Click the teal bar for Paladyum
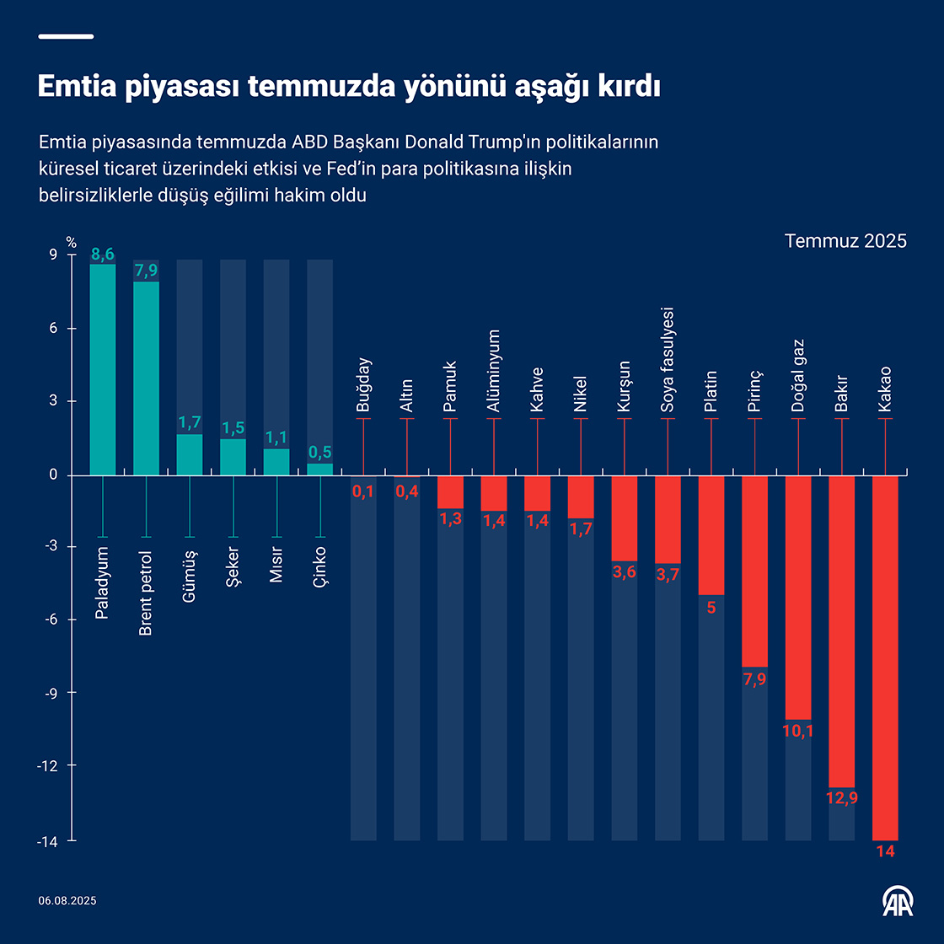(x=103, y=371)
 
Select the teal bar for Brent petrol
(x=147, y=379)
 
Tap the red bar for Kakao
(x=885, y=657)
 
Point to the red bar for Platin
(x=711, y=535)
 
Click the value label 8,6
(x=103, y=254)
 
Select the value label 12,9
(x=841, y=797)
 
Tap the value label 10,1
(x=798, y=731)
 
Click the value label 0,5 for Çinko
(x=319, y=453)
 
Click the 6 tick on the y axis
(x=53, y=328)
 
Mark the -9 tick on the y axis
(x=50, y=693)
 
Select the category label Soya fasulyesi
(x=668, y=360)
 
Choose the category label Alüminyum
(x=494, y=371)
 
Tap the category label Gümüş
(x=190, y=575)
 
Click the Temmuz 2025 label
(x=845, y=241)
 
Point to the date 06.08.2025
(x=67, y=901)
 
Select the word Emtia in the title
(x=78, y=87)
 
